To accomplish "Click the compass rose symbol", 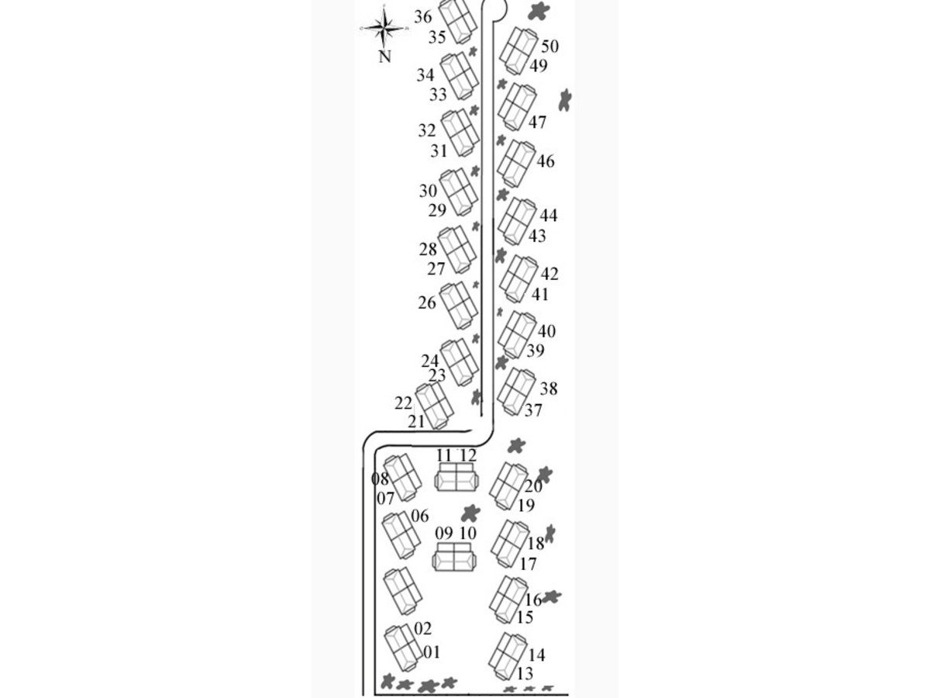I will point(384,29).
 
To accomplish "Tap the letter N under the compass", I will point(384,56).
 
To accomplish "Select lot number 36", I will point(423,16).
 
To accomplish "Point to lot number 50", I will point(550,47).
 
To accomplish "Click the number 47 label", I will point(538,123).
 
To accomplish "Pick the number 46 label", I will point(546,162).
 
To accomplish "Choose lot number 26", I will point(427,303).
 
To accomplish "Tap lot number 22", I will point(403,403).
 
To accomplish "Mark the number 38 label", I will point(549,389).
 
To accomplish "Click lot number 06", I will point(420,517).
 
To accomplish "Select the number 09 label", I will point(443,534).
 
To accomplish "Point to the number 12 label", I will point(467,455).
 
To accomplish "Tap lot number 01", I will point(432,653).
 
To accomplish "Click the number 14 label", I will point(536,655).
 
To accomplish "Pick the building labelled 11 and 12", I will point(455,478).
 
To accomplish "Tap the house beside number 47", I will point(517,107).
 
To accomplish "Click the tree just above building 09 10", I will point(469,513).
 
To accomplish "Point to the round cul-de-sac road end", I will point(495,8).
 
